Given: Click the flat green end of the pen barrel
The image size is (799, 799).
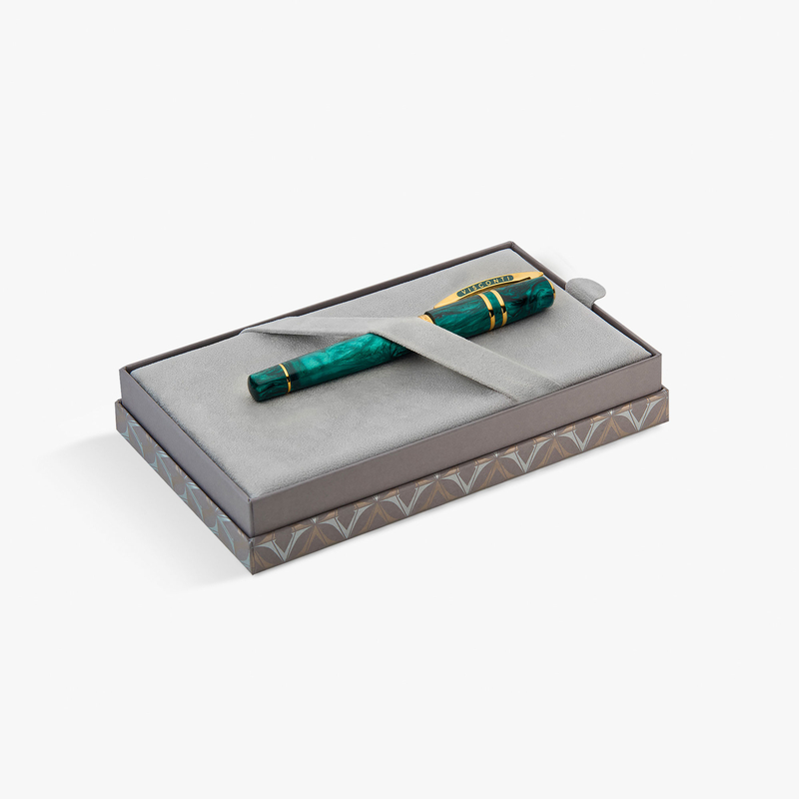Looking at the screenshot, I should tap(253, 385).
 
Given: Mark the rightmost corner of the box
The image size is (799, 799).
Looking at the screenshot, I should tap(668, 395).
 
